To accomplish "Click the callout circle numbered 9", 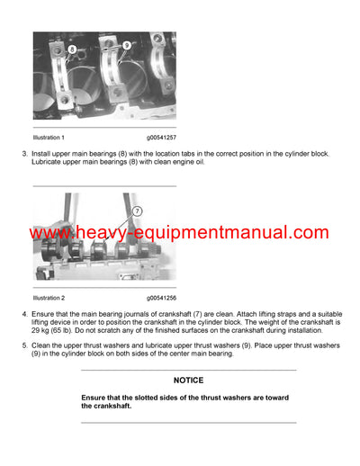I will [126, 45].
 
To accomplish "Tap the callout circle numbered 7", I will [138, 211].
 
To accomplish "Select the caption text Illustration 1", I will [49, 138].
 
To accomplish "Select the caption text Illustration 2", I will [49, 296].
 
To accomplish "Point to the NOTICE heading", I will [188, 381].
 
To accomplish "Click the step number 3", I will [24, 154].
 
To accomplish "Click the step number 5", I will [24, 345].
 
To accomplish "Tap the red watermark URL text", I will [179, 233].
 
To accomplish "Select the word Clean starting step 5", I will [45, 345].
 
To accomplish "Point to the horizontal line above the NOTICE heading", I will [188, 370].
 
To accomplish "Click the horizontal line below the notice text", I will [188, 423].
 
